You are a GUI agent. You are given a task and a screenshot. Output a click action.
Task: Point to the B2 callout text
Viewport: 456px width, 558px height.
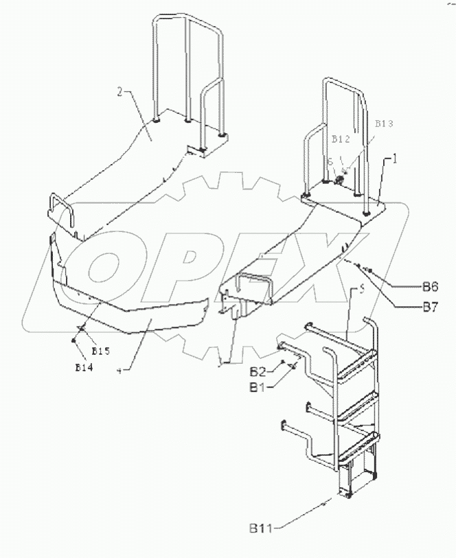[x=258, y=372]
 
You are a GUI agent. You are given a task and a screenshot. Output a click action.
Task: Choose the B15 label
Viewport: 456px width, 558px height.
[x=101, y=351]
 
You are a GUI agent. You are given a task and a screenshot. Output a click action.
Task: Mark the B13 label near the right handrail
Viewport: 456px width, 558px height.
[x=384, y=124]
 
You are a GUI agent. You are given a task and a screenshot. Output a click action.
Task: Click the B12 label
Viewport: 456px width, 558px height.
[x=341, y=139]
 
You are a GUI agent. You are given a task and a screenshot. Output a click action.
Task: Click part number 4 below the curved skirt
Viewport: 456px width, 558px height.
[x=120, y=370]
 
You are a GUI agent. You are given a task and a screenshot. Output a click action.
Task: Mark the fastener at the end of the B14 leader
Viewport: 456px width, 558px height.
[x=73, y=340]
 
